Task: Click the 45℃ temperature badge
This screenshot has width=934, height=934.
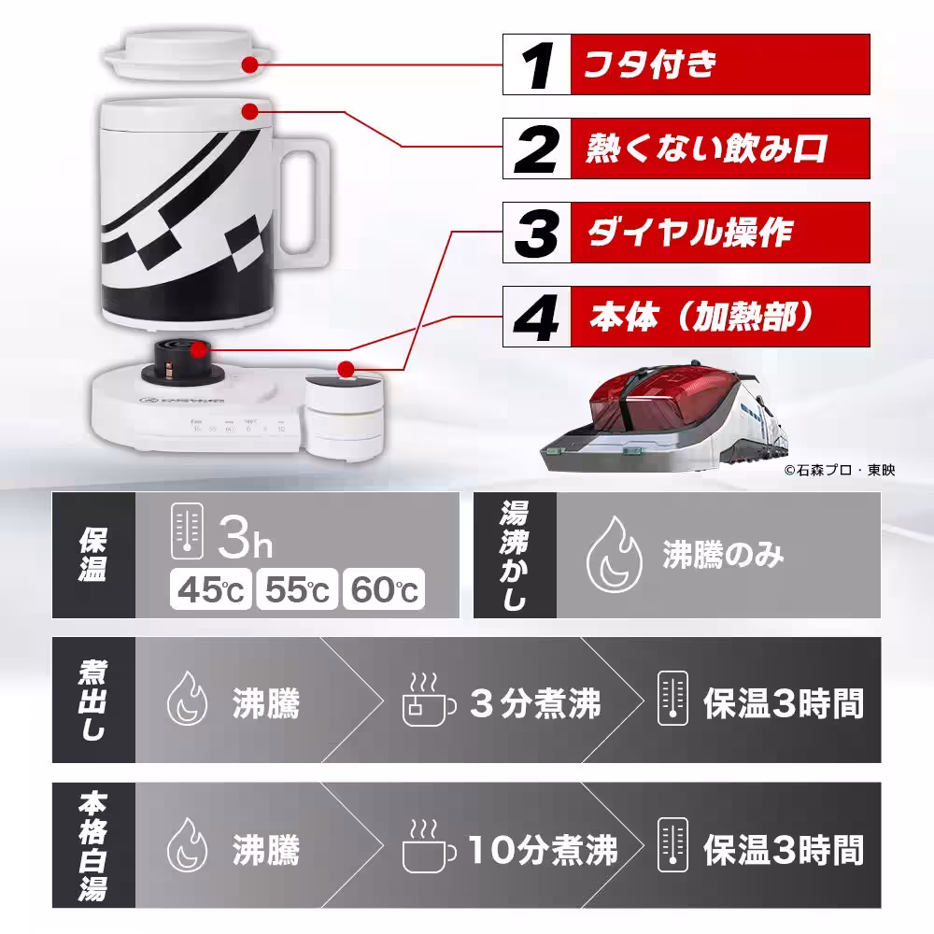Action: point(211,589)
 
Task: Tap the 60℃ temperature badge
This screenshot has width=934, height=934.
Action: point(383,589)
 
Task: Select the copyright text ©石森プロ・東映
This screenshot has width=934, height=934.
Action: point(839,471)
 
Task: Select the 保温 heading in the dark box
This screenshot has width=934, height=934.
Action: point(93,556)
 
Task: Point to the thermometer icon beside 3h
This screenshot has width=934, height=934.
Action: point(188,535)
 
